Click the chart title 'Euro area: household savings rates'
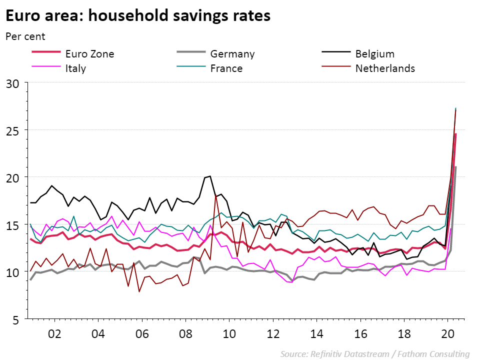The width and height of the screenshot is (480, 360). (x=138, y=16)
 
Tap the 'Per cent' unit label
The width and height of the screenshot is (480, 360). (x=25, y=36)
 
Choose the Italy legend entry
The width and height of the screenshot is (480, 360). (x=75, y=68)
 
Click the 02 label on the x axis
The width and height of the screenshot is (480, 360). (x=54, y=334)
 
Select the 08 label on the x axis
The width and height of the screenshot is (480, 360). (x=185, y=334)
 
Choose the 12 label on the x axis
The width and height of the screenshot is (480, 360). (x=273, y=334)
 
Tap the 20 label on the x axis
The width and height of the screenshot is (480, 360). (x=448, y=334)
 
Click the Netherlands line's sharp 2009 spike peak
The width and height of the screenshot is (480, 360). (x=216, y=195)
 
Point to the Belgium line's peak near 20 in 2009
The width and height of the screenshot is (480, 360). (x=210, y=176)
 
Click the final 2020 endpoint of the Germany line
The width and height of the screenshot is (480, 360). (x=455, y=167)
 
